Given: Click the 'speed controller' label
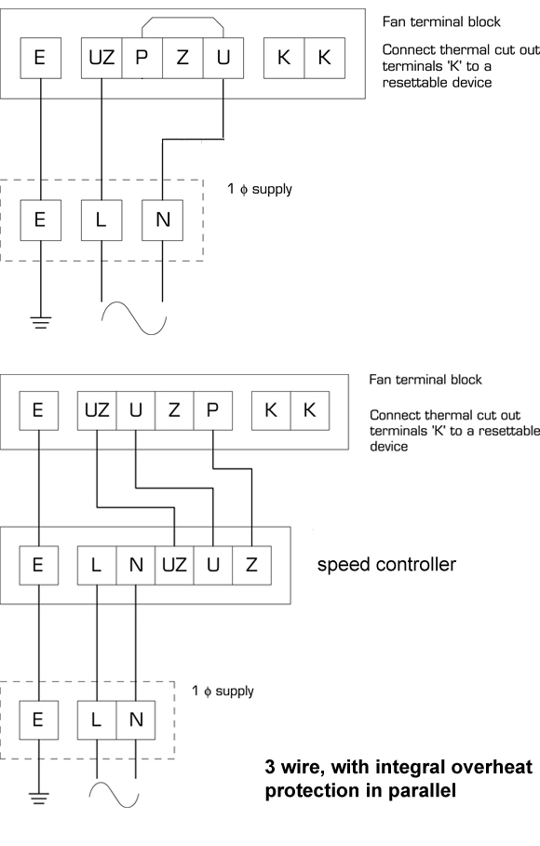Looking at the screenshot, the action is [x=386, y=564].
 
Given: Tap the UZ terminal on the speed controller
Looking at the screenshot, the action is [x=174, y=566].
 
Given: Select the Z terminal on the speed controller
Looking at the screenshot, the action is [x=251, y=566].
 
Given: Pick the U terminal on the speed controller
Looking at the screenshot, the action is [x=213, y=566].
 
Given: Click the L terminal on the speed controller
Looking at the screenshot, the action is [x=97, y=566].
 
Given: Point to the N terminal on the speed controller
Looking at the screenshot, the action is [x=136, y=566].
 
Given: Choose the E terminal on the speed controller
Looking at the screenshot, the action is [x=39, y=566].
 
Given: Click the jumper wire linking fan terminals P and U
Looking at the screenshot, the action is [x=182, y=18].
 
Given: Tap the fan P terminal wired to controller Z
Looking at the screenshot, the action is [x=213, y=410].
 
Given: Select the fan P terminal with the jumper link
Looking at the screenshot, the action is [x=142, y=58].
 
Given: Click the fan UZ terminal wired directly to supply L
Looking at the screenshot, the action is [x=101, y=58].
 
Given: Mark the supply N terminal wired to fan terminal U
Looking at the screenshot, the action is [x=163, y=221].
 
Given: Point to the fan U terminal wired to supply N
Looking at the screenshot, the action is [x=223, y=58].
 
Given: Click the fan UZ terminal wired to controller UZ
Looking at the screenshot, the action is [x=97, y=410].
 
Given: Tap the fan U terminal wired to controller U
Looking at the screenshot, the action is [x=136, y=410].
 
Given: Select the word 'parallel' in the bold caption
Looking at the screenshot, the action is [x=423, y=791].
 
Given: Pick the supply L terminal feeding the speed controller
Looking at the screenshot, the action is [x=97, y=719].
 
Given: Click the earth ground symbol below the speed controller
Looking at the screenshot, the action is [x=39, y=798].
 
